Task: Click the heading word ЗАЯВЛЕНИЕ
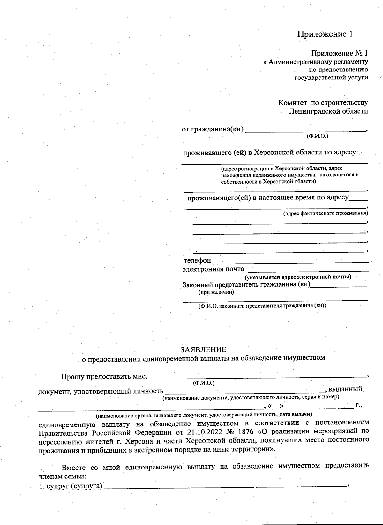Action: click(203, 349)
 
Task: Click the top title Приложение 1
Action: click(325, 34)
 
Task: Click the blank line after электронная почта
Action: click(308, 270)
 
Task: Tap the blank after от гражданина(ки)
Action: click(305, 131)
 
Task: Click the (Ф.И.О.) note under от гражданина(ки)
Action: click(317, 136)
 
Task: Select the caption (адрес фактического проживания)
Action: click(326, 213)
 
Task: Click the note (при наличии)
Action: click(216, 292)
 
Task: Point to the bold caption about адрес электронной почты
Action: click(298, 277)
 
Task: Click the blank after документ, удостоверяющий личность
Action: click(244, 391)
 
